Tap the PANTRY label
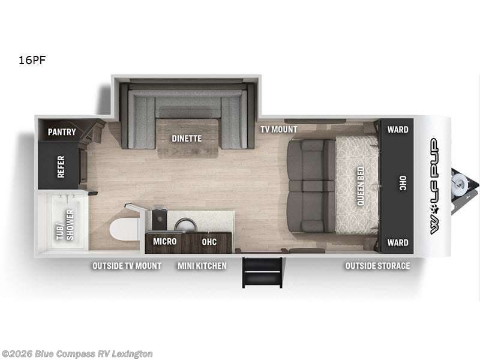[62, 131]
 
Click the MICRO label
[164, 241]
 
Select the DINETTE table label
[187, 139]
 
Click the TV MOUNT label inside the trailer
[278, 129]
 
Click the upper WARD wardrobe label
[397, 129]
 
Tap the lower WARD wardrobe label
[397, 242]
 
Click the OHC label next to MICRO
[209, 241]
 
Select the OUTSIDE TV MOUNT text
[127, 265]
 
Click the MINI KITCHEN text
[202, 265]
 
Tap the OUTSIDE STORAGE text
[377, 265]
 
